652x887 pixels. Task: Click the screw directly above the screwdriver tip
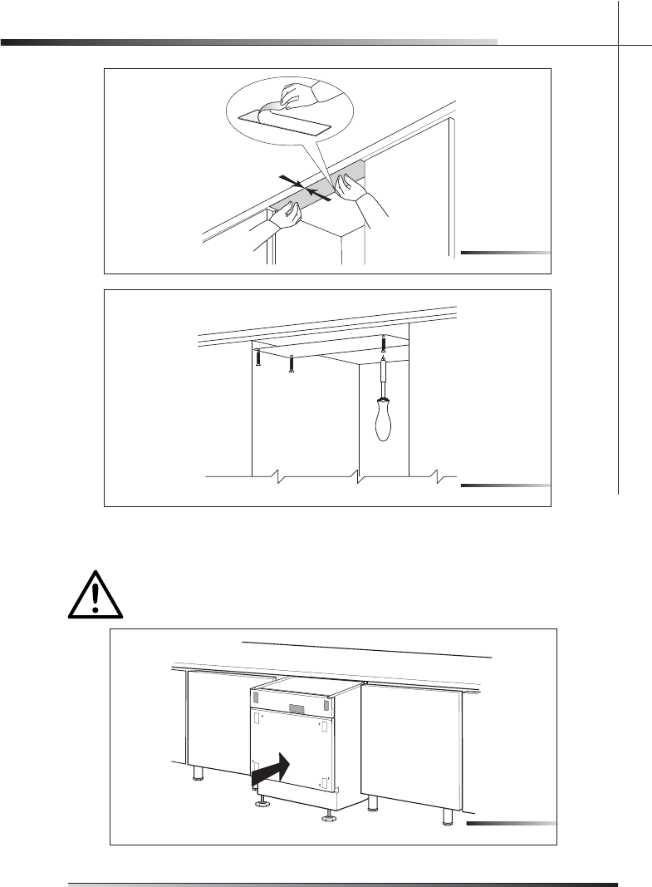coord(383,342)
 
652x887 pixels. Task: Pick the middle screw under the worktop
coord(291,363)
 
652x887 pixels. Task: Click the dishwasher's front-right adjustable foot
coord(328,816)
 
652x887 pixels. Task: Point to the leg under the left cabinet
coord(198,773)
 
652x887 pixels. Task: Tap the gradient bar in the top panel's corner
coord(505,251)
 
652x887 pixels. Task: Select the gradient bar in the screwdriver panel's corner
coord(505,484)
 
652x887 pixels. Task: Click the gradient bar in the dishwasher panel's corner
coord(510,823)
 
